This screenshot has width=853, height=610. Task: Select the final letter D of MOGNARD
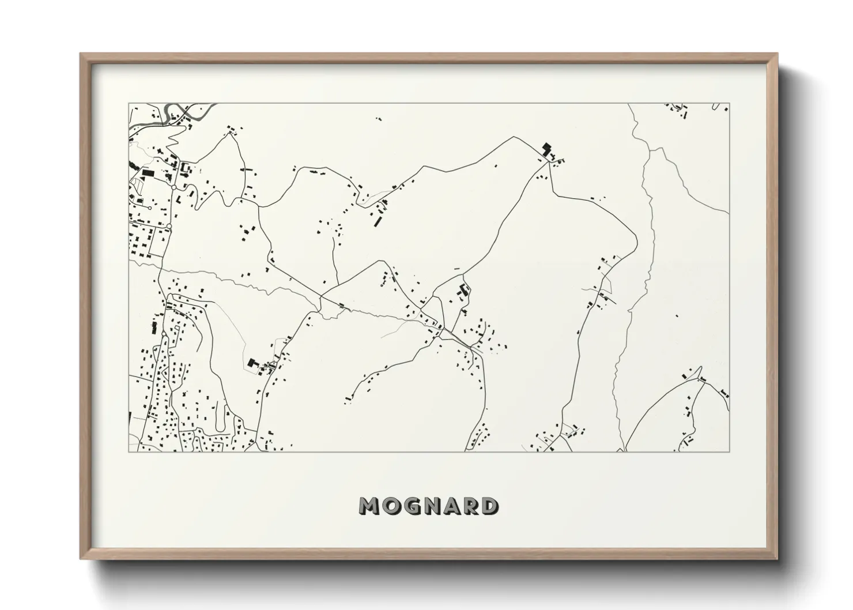point(489,506)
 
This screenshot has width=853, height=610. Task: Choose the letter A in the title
point(448,506)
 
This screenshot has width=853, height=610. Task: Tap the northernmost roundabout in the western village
point(173,187)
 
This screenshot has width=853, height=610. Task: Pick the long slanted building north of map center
point(379,220)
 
